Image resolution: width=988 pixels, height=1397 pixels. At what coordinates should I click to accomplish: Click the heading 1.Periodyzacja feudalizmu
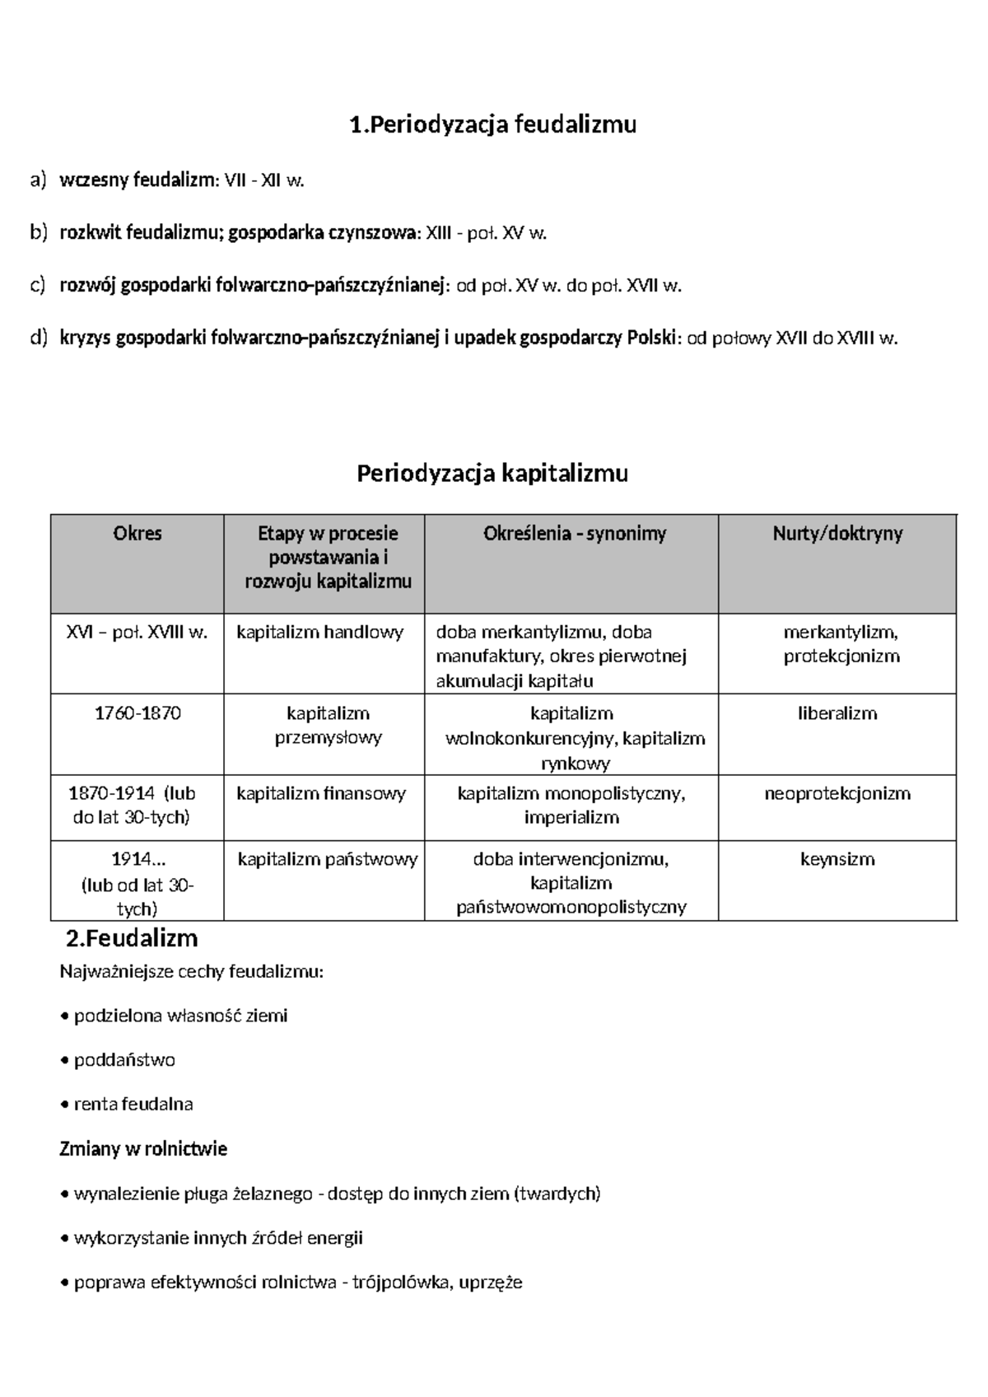[x=492, y=124]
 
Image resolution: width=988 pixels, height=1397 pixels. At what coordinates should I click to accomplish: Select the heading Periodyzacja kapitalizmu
[x=492, y=474]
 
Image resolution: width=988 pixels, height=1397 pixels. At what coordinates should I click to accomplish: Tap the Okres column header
[x=137, y=534]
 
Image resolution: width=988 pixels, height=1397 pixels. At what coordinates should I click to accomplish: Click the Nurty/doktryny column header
[x=837, y=534]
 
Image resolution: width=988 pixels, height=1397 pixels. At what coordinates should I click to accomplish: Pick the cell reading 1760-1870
[x=137, y=713]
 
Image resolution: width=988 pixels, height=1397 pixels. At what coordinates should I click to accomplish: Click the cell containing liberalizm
[x=837, y=713]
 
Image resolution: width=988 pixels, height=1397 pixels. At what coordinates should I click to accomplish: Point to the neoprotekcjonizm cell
[x=837, y=794]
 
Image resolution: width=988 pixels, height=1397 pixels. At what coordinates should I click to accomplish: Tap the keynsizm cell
[x=837, y=860]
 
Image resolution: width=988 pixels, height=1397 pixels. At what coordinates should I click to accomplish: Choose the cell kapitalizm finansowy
[x=321, y=794]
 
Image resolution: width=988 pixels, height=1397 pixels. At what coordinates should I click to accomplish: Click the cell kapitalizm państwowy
[x=328, y=860]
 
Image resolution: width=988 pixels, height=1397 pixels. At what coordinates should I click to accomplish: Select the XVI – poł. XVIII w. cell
[x=137, y=633]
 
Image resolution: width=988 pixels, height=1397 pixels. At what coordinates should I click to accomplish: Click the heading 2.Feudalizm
[x=132, y=938]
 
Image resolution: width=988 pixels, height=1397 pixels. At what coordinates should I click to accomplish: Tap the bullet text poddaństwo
[x=124, y=1060]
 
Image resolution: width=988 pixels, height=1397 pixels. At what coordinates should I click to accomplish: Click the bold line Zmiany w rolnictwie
[x=143, y=1149]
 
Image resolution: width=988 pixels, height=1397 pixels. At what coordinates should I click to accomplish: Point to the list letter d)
[x=39, y=338]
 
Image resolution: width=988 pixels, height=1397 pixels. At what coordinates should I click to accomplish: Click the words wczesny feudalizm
[x=137, y=180]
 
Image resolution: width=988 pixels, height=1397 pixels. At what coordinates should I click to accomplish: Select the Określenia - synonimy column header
[x=574, y=534]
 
